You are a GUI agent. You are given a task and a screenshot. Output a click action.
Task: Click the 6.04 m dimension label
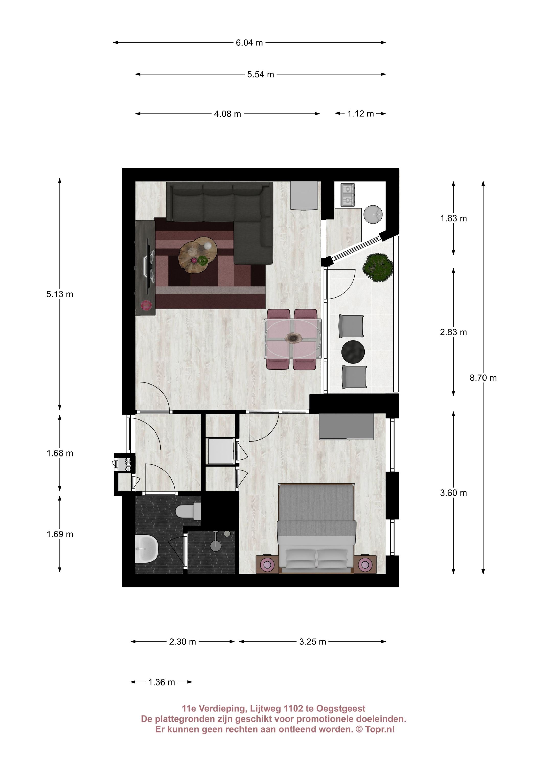point(249,43)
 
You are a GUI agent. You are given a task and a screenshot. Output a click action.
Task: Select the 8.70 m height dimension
point(483,378)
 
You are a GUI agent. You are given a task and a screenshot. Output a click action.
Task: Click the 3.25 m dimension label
point(313,642)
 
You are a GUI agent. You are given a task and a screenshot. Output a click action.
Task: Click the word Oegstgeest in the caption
point(341,709)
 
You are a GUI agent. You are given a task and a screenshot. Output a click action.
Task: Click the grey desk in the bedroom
point(346,426)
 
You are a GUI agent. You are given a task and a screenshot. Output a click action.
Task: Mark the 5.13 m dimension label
point(60,294)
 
